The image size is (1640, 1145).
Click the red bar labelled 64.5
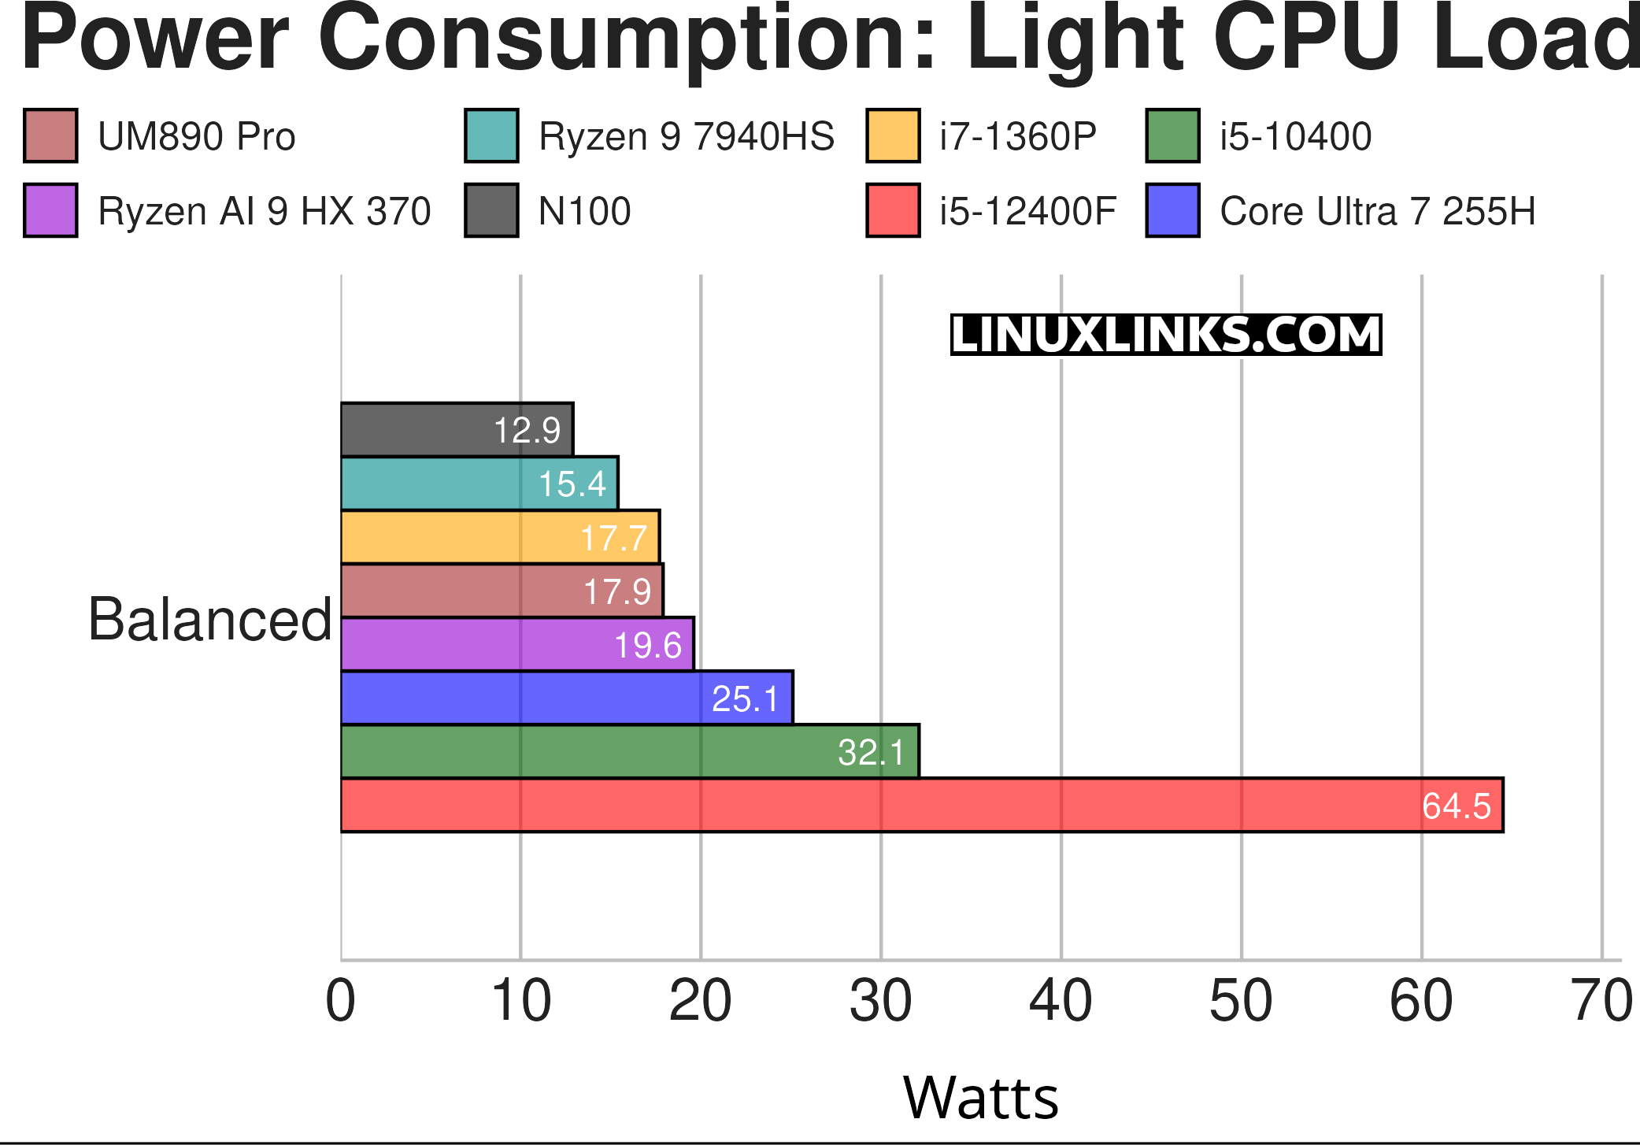point(921,805)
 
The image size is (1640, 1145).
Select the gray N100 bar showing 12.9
point(457,430)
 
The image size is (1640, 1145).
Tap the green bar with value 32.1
point(630,752)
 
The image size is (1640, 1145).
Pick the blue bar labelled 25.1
point(567,698)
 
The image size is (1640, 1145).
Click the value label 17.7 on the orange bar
point(613,539)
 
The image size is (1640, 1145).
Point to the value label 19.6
point(647,646)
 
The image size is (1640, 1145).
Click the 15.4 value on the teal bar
point(572,484)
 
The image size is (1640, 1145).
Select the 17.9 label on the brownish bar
point(616,592)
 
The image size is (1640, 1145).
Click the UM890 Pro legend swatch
point(50,136)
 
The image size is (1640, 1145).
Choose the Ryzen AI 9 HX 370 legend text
point(264,211)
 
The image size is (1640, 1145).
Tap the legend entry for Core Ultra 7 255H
point(1377,211)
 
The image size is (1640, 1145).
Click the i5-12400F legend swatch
point(893,211)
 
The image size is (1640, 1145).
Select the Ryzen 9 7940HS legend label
point(686,136)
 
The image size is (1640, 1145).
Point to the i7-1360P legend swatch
point(893,136)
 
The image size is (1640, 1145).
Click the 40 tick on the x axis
point(1061,1002)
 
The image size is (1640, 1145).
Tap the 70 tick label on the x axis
point(1601,1002)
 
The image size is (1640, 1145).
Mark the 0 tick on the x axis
point(341,1002)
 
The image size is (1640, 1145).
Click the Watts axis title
point(980,1098)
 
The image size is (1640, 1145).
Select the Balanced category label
point(210,620)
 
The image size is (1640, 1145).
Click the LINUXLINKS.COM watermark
point(1166,335)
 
